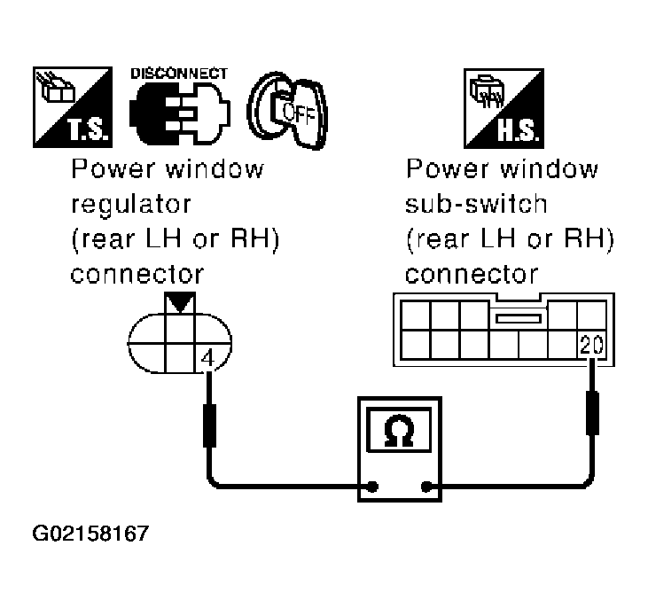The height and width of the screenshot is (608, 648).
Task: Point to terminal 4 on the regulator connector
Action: click(207, 360)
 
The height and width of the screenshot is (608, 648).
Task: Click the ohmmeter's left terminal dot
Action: click(373, 486)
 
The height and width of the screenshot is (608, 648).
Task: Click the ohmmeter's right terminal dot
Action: click(427, 486)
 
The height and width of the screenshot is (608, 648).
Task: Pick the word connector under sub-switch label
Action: click(472, 272)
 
